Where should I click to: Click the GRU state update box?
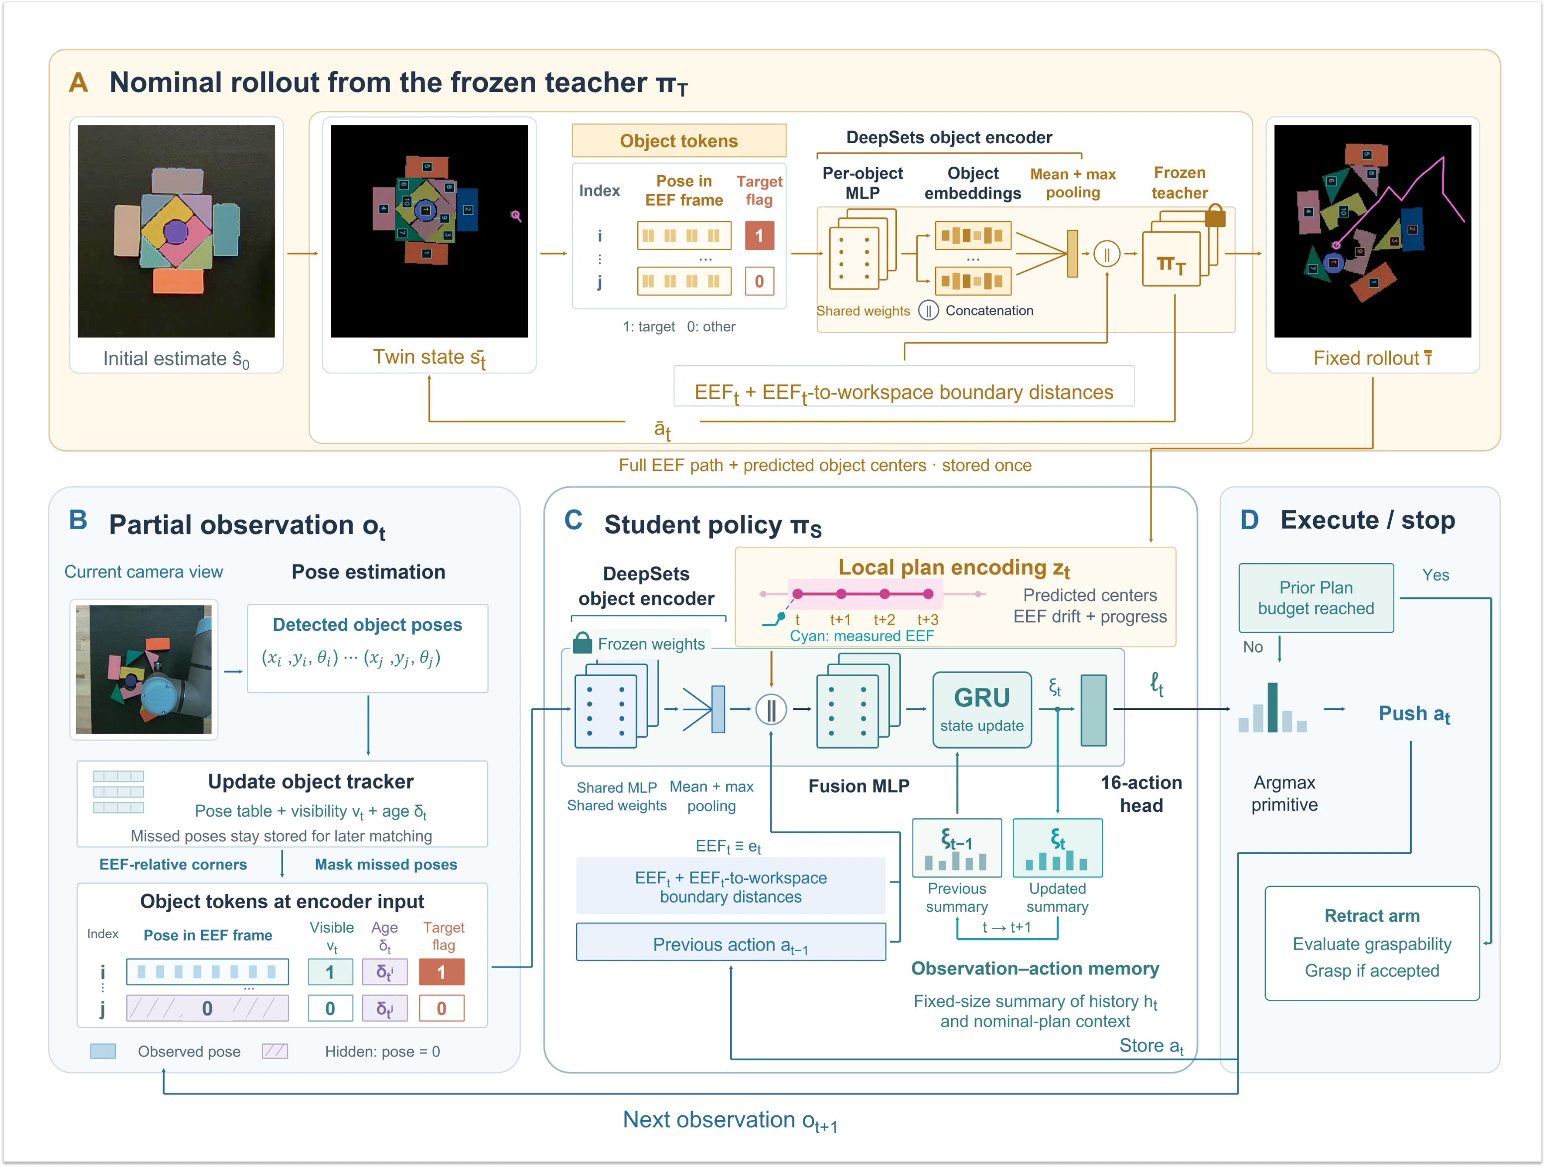pyautogui.click(x=981, y=709)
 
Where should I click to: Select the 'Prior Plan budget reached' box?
pyautogui.click(x=1316, y=598)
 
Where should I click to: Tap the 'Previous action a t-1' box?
pyautogui.click(x=731, y=944)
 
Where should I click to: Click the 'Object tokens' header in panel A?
pyautogui.click(x=679, y=141)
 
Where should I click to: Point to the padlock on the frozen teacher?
pyautogui.click(x=1215, y=215)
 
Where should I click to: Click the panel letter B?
pyautogui.click(x=78, y=521)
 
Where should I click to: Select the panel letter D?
pyautogui.click(x=1250, y=520)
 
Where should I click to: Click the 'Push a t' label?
pyautogui.click(x=1414, y=714)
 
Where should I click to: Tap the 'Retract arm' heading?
pyautogui.click(x=1372, y=916)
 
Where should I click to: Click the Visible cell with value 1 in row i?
pyautogui.click(x=330, y=972)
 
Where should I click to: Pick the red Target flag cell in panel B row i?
pyautogui.click(x=441, y=972)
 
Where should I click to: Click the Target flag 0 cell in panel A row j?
pyautogui.click(x=759, y=282)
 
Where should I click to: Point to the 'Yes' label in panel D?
pyautogui.click(x=1436, y=575)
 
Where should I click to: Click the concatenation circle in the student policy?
pyautogui.click(x=771, y=709)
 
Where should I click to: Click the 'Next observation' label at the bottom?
pyautogui.click(x=730, y=1120)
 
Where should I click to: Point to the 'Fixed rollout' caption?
pyautogui.click(x=1372, y=358)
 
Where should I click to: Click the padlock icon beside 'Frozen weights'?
pyautogui.click(x=582, y=643)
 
